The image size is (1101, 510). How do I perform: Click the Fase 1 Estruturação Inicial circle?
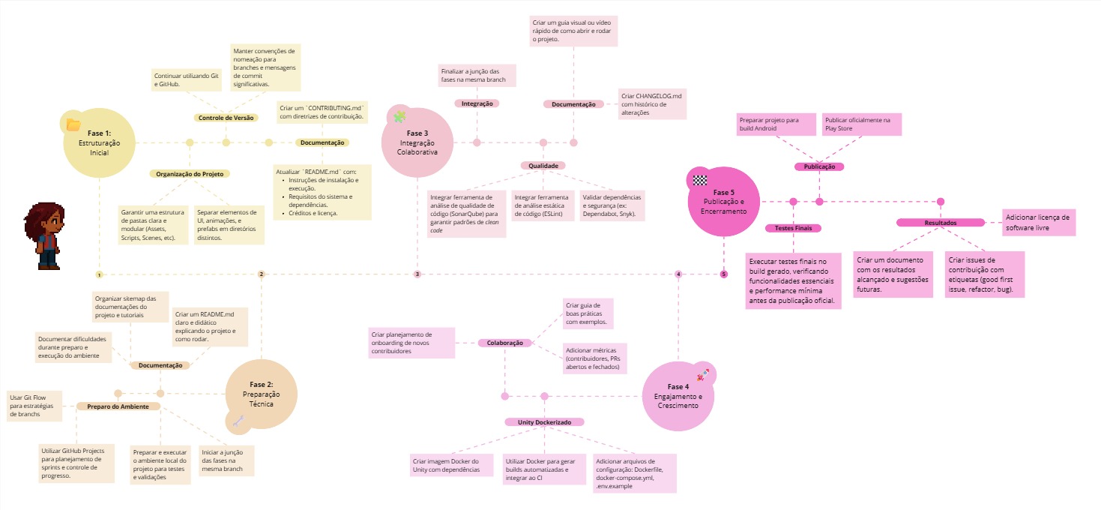[99, 142]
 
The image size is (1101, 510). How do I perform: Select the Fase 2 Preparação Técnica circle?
[262, 394]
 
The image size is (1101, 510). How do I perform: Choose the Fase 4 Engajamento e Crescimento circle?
[678, 396]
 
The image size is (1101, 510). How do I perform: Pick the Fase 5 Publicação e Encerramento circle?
[724, 202]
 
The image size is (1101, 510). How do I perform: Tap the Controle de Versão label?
[226, 118]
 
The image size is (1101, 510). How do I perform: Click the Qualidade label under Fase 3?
[543, 165]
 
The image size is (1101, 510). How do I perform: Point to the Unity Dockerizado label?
[544, 422]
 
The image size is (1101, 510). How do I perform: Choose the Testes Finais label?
[793, 228]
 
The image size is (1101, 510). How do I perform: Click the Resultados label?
[940, 223]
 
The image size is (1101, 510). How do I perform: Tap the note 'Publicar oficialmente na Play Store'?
[861, 124]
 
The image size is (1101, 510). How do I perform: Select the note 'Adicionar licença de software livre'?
[1040, 223]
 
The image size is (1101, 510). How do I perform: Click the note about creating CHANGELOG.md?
[652, 104]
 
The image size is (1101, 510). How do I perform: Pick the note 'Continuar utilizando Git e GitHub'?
[187, 80]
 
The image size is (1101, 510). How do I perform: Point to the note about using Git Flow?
[35, 405]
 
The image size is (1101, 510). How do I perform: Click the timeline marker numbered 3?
[417, 274]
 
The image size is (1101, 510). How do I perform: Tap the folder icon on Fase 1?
[73, 124]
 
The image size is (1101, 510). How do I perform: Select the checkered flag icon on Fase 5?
[700, 180]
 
